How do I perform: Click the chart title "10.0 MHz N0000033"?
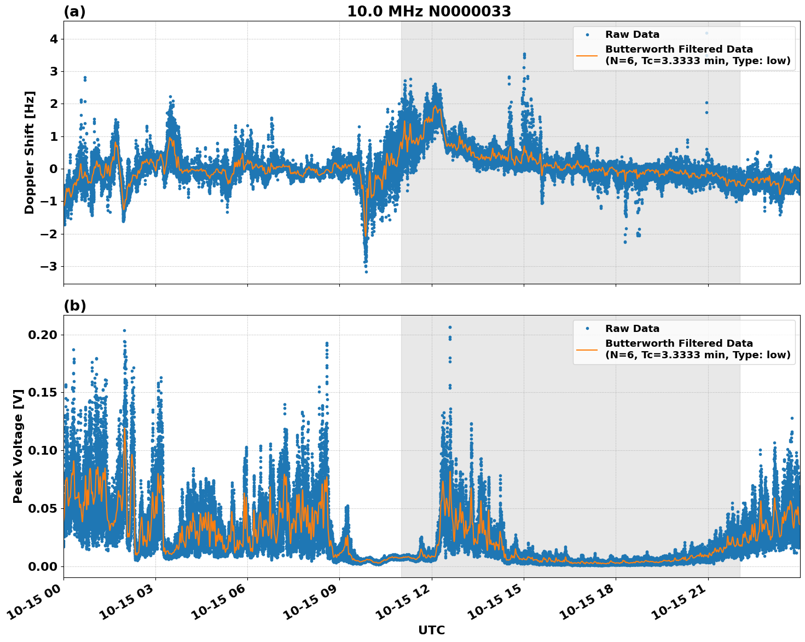428,12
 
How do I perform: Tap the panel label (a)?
74,12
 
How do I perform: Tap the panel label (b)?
74,306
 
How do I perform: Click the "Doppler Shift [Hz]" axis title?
30,152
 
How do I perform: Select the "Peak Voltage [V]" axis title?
18,446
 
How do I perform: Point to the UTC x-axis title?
431,630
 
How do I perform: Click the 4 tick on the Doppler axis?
53,39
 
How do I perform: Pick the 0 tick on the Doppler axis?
53,169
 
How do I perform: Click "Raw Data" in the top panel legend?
632,35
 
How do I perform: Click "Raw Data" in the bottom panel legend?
632,329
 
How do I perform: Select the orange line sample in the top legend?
587,55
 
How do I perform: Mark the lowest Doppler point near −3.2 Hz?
366,272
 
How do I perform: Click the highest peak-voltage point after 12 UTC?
450,327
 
